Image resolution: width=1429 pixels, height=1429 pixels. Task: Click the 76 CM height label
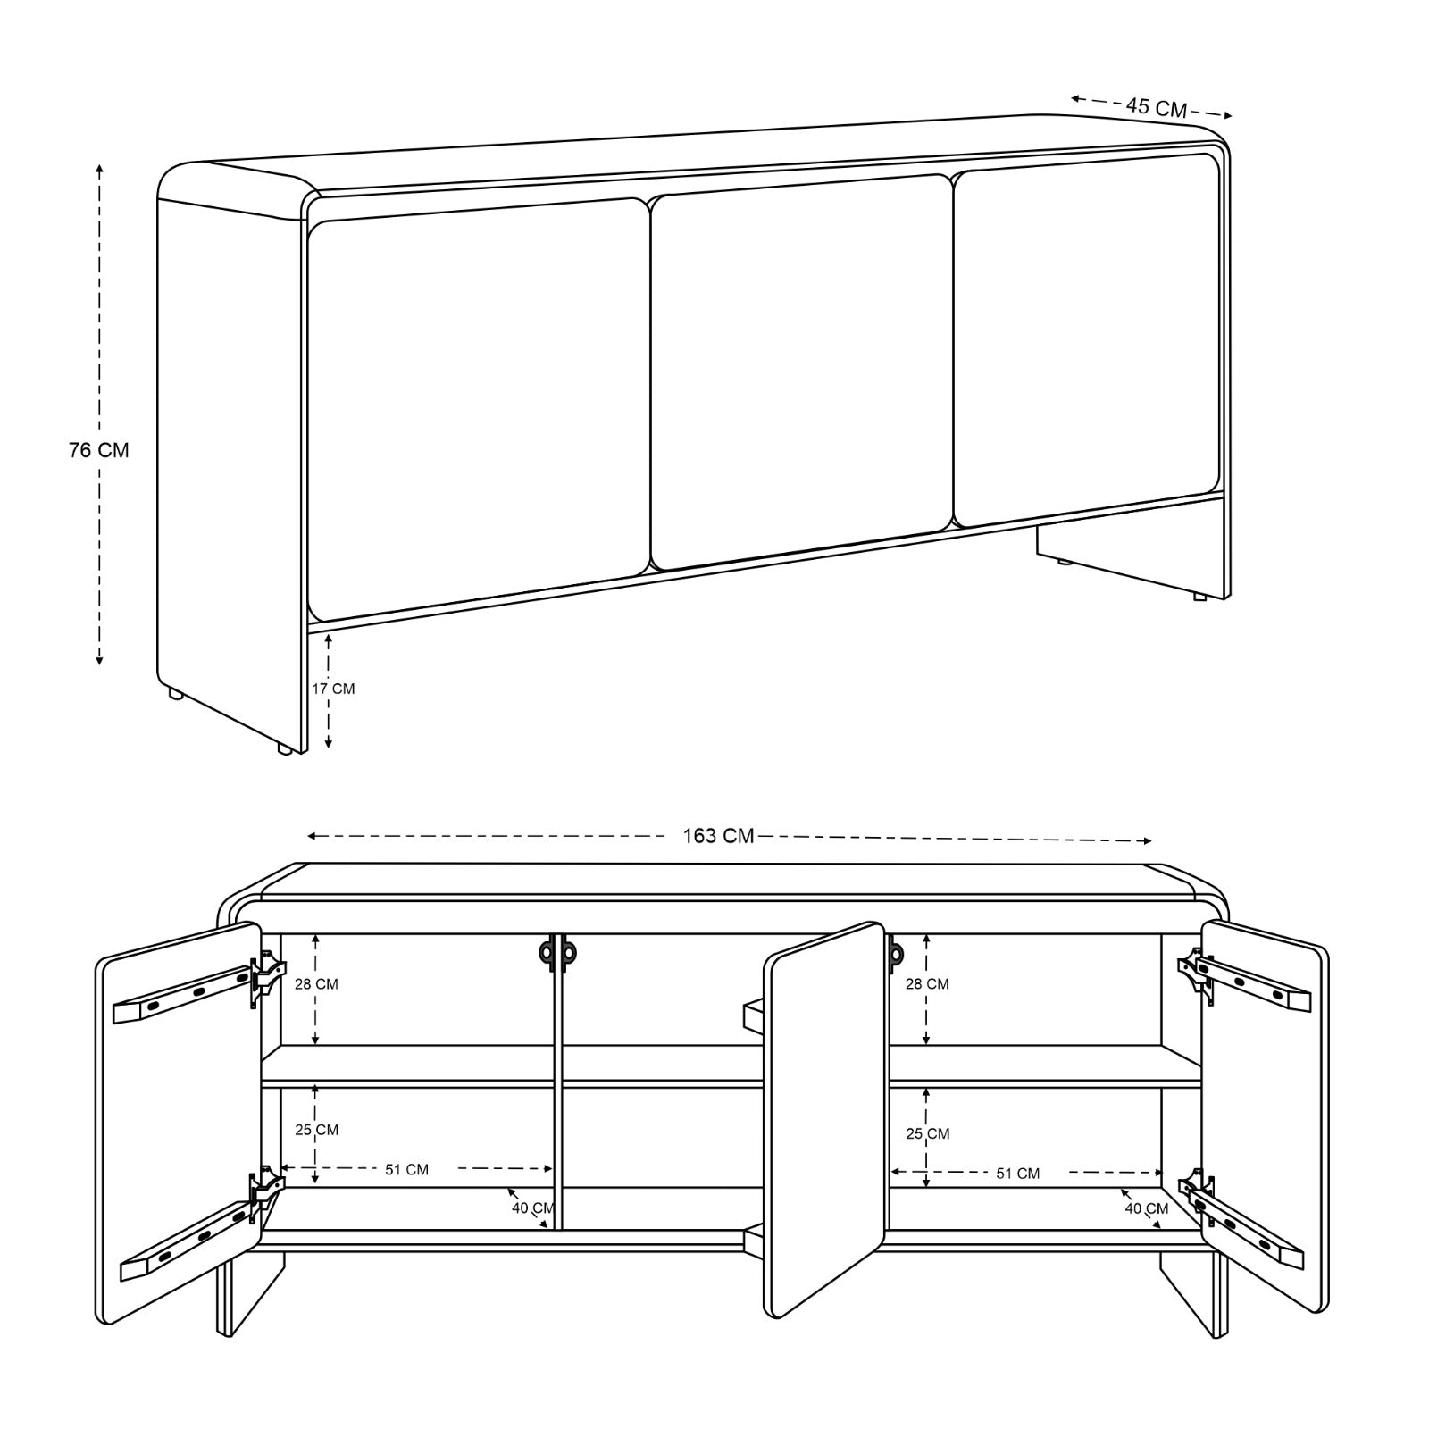(x=99, y=450)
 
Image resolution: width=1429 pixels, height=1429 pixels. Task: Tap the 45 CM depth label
(x=1156, y=107)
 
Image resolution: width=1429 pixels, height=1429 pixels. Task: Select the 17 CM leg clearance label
(x=333, y=689)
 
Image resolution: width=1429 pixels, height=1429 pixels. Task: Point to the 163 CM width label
(x=718, y=837)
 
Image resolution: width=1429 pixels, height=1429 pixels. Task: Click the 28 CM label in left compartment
(x=317, y=984)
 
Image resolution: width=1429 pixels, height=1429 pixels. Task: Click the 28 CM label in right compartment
(x=927, y=984)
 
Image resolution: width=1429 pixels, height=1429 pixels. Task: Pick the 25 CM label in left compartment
(x=317, y=1130)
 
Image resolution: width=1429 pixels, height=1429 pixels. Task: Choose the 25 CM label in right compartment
(x=927, y=1134)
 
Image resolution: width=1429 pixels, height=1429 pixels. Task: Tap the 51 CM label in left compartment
(x=406, y=1170)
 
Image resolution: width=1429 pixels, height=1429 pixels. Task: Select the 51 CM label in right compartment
(x=1018, y=1174)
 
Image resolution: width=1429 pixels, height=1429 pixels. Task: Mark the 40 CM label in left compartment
(x=533, y=1208)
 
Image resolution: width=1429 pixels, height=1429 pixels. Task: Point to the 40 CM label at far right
(x=1147, y=1209)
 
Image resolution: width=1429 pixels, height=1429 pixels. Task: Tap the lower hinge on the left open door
(x=266, y=1192)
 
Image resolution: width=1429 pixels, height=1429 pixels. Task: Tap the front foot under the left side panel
(x=284, y=750)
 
